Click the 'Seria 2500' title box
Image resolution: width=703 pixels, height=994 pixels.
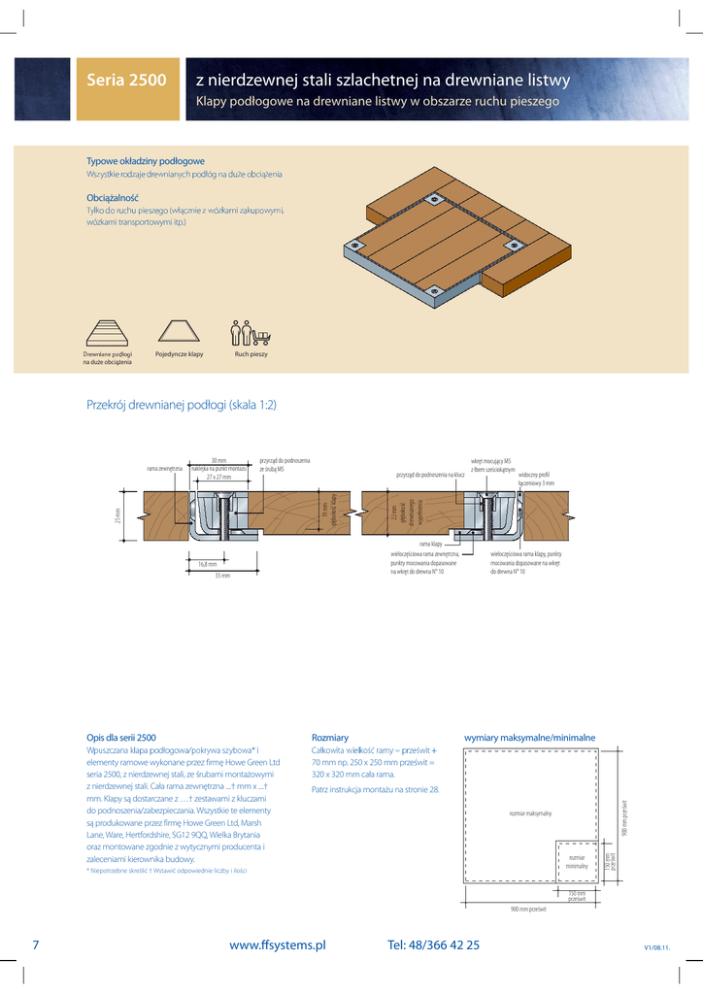click(x=126, y=81)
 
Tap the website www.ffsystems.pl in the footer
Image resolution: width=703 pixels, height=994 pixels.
click(x=277, y=944)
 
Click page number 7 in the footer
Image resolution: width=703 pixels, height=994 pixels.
click(x=36, y=944)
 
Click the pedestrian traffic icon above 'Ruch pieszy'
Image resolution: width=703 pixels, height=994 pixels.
click(x=251, y=333)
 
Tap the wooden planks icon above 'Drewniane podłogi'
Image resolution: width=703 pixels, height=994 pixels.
click(x=108, y=333)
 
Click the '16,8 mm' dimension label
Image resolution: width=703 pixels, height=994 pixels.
click(x=208, y=563)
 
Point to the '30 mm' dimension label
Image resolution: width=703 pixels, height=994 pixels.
click(x=218, y=460)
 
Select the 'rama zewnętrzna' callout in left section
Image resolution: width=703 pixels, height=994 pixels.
click(x=164, y=469)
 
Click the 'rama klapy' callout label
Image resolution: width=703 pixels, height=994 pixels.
click(x=430, y=545)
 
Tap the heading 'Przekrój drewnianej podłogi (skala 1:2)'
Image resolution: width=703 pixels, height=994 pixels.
click(x=182, y=405)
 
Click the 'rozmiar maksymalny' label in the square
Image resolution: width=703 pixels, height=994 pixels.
click(x=530, y=812)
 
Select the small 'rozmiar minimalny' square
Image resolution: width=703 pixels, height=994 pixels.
click(x=578, y=861)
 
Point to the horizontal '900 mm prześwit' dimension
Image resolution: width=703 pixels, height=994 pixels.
click(x=528, y=909)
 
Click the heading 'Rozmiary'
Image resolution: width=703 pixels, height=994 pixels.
click(x=329, y=738)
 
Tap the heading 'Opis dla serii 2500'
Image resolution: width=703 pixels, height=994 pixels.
click(x=121, y=738)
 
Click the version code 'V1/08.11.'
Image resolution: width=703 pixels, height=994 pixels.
click(x=657, y=947)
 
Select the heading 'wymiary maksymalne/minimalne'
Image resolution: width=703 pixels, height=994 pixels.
click(x=529, y=738)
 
